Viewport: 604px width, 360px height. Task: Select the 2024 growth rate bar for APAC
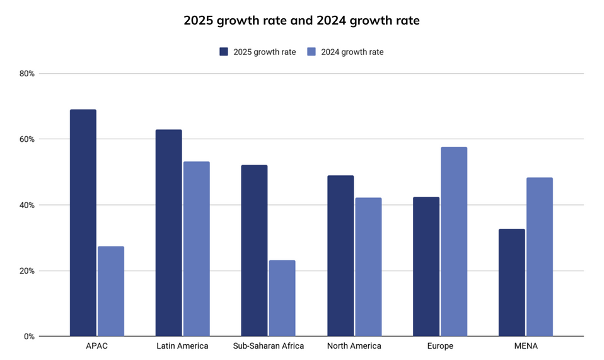[x=111, y=291]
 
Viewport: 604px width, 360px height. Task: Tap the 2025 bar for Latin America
[x=169, y=233]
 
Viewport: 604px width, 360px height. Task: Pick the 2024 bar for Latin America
[x=197, y=249]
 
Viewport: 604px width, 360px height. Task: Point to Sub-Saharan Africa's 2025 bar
[x=254, y=250]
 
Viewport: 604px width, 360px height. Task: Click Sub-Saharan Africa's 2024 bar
[x=282, y=298]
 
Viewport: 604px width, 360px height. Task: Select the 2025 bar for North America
[x=340, y=256]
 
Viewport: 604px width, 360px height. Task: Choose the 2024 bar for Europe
[x=454, y=241]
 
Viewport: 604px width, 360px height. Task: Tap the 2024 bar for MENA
[x=540, y=257]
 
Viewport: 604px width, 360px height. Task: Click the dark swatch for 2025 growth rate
[x=224, y=52]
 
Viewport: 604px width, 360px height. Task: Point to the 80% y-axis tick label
[x=27, y=73]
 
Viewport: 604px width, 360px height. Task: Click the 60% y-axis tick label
[x=27, y=139]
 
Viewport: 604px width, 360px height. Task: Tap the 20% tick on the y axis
[x=27, y=271]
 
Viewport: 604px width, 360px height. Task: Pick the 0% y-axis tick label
[x=29, y=337]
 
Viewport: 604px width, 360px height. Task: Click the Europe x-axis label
[x=440, y=346]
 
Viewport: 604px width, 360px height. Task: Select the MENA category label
[x=526, y=346]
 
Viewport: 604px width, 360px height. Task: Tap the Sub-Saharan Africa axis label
[x=268, y=346]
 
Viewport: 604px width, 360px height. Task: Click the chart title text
[x=301, y=20]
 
